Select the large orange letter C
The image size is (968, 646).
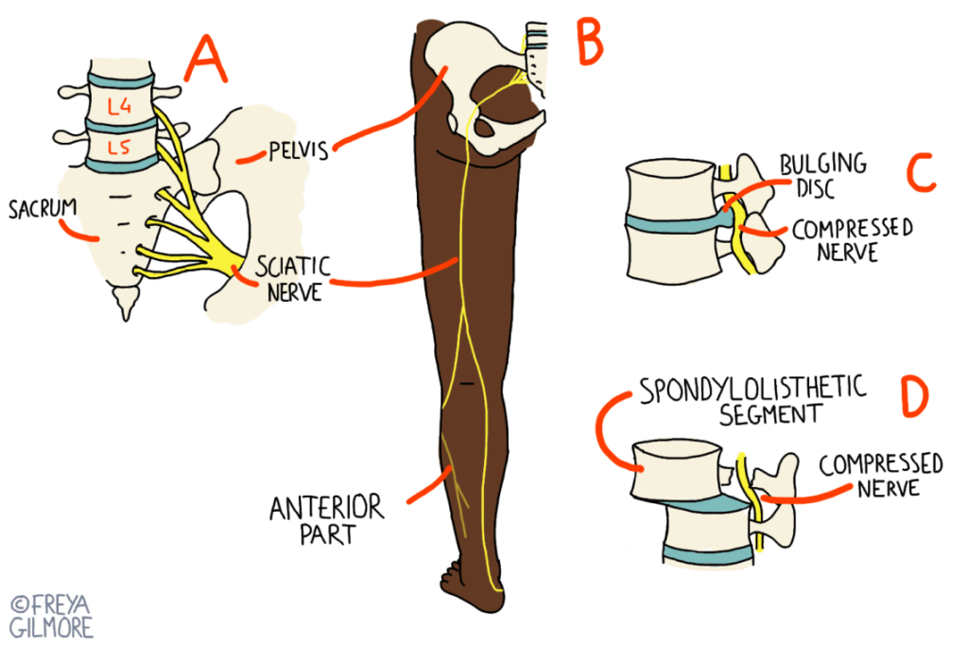coord(919,172)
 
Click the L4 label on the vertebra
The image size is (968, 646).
coord(119,107)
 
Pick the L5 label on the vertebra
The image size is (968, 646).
coord(119,148)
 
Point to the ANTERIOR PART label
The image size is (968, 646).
coord(327,520)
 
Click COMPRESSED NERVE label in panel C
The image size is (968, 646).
coord(852,240)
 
